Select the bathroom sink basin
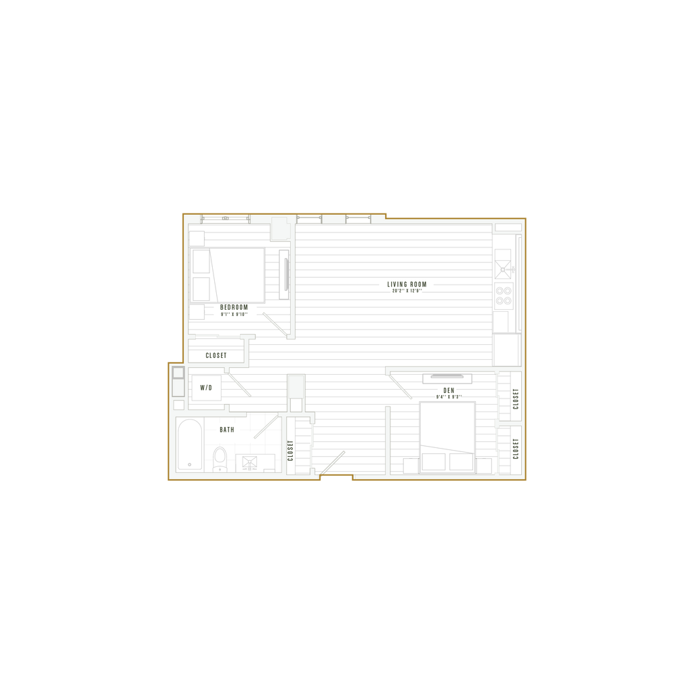(249, 463)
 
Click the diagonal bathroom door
(265, 428)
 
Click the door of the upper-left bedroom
(276, 323)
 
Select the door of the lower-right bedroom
(400, 385)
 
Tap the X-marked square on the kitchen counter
(504, 268)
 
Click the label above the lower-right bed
(448, 394)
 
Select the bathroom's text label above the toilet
(227, 429)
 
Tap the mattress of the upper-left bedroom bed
(237, 274)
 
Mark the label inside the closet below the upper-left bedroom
(215, 354)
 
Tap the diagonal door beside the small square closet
(238, 383)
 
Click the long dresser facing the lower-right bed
(447, 377)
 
